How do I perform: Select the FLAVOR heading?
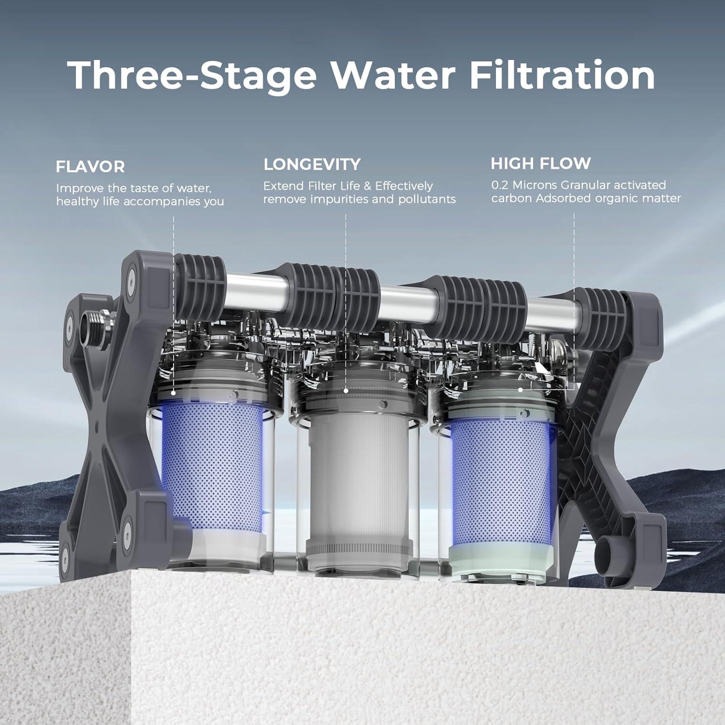click(x=90, y=167)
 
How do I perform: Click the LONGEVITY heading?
click(x=312, y=164)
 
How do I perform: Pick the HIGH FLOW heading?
click(x=540, y=163)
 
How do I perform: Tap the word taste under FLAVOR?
click(x=142, y=188)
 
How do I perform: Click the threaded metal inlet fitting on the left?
click(x=96, y=325)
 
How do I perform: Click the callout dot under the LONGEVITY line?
click(x=346, y=390)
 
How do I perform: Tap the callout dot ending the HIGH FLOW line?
click(x=520, y=390)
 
